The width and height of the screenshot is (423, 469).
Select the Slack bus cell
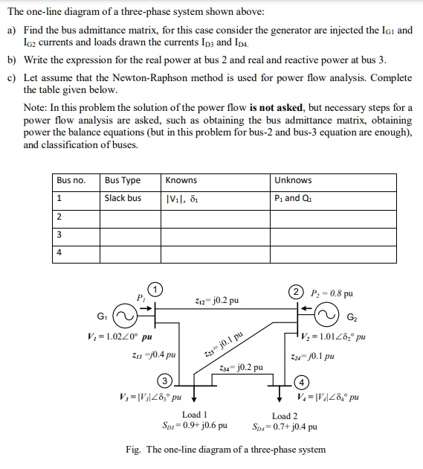[x=123, y=198]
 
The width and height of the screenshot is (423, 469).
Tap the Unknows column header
[x=293, y=180]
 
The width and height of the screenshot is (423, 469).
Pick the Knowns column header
[x=181, y=180]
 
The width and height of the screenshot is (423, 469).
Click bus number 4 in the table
[x=59, y=252]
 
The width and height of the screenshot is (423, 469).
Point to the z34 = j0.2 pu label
[x=242, y=368]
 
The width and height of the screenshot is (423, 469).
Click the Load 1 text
[x=195, y=415]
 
